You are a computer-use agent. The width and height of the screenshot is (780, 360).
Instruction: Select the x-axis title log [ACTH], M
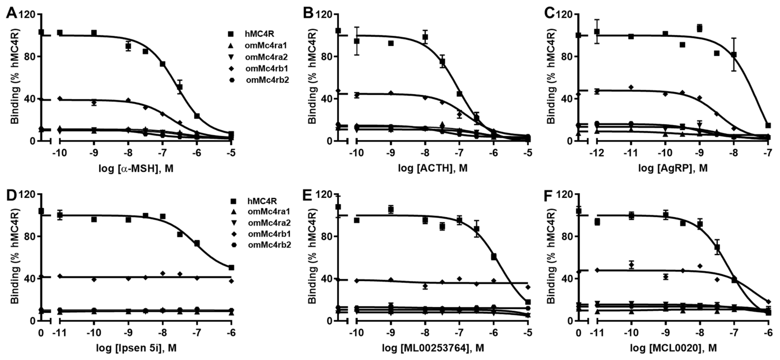[432, 168]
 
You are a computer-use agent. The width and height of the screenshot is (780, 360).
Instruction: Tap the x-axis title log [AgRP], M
[673, 168]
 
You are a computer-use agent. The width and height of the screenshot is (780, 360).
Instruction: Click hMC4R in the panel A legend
[259, 34]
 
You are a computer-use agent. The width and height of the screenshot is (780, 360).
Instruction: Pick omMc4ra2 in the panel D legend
[269, 223]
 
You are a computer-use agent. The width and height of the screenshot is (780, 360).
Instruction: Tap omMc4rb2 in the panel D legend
[269, 245]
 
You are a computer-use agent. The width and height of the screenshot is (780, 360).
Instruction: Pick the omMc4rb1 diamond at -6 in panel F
[768, 302]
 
